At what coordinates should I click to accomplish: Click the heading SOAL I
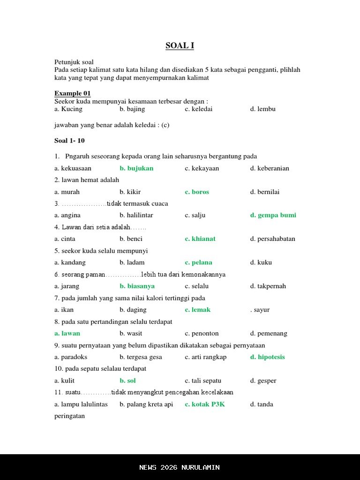click(x=180, y=45)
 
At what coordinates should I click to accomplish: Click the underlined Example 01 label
click(x=72, y=93)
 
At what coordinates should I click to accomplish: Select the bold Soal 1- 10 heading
click(x=69, y=141)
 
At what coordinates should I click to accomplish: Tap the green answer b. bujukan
click(x=136, y=168)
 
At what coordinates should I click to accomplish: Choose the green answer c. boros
click(x=197, y=192)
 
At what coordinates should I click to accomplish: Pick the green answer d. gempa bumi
click(x=273, y=215)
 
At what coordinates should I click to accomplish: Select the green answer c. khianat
click(x=200, y=239)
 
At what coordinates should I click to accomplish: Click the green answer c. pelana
click(x=198, y=262)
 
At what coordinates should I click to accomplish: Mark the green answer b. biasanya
click(x=137, y=286)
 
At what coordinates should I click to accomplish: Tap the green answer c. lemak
click(x=197, y=309)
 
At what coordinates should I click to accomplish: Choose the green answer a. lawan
click(x=67, y=333)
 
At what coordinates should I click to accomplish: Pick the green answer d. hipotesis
click(x=267, y=357)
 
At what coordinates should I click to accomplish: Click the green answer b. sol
click(x=127, y=381)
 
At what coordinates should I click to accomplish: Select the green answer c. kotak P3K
click(x=205, y=404)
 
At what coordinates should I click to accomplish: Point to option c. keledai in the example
click(x=198, y=109)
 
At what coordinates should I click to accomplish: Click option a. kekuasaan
click(x=73, y=168)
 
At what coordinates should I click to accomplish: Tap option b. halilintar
click(x=136, y=215)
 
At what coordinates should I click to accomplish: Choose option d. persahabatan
click(x=272, y=239)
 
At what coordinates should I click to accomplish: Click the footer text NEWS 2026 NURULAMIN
click(x=180, y=467)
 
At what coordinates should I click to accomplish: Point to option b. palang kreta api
click(x=146, y=404)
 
